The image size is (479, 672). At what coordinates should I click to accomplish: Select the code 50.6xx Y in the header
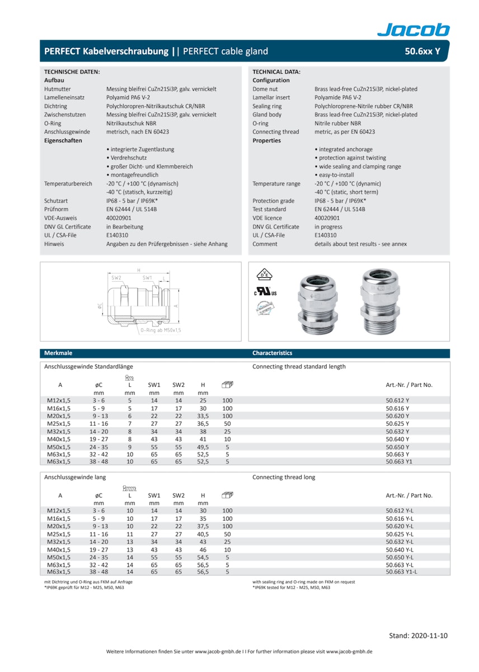tap(422, 52)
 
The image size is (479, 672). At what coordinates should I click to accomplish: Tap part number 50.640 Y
tap(397, 440)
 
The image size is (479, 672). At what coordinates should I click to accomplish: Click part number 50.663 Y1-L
tap(401, 572)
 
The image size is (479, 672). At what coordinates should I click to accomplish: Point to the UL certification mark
tap(265, 292)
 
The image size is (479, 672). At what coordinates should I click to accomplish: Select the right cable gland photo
tap(381, 300)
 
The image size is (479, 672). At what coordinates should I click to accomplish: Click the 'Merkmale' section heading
tap(58, 353)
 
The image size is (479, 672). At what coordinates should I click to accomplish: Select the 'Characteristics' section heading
tap(272, 353)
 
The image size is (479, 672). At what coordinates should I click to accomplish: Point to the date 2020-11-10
tap(418, 636)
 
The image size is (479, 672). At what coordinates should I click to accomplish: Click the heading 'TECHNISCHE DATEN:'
tap(72, 72)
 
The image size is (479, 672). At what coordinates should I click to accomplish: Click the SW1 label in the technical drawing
tap(147, 278)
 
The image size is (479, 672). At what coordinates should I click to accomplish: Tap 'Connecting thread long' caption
tap(284, 477)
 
